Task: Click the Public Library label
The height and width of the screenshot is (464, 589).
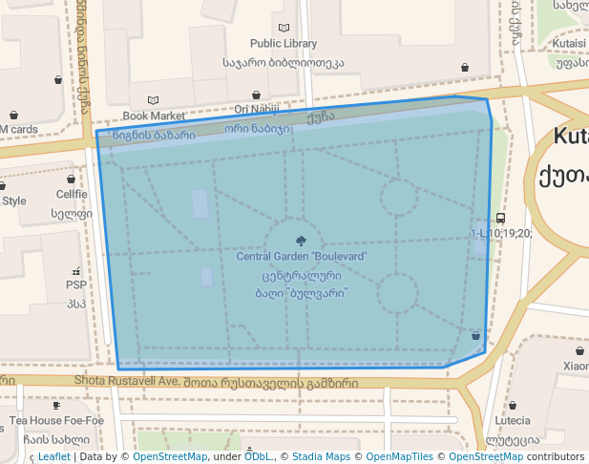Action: (x=284, y=44)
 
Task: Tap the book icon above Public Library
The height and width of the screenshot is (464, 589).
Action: (x=284, y=29)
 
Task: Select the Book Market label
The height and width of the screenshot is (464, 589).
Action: (x=154, y=116)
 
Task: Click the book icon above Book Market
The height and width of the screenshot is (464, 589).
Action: (x=154, y=100)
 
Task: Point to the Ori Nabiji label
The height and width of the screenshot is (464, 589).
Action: (x=257, y=110)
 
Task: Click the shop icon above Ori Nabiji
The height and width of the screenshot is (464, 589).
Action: (x=257, y=95)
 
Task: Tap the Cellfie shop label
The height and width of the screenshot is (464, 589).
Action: (x=71, y=194)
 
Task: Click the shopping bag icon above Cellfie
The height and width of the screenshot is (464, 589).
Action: (x=71, y=179)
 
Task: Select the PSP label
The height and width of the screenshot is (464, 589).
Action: (x=75, y=285)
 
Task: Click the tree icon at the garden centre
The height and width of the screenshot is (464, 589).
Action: (x=302, y=241)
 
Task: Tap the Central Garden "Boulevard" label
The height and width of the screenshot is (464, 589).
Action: (x=302, y=257)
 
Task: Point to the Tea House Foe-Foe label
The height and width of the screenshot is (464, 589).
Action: (x=57, y=420)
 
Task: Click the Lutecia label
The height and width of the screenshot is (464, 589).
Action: (x=513, y=420)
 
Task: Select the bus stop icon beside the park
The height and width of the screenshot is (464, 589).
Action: (x=500, y=219)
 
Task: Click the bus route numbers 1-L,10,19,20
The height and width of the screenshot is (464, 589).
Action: (x=501, y=233)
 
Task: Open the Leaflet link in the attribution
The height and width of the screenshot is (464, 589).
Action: (x=53, y=457)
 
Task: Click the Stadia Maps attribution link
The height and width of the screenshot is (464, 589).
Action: (x=321, y=457)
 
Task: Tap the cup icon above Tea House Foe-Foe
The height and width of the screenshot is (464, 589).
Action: (x=57, y=406)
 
